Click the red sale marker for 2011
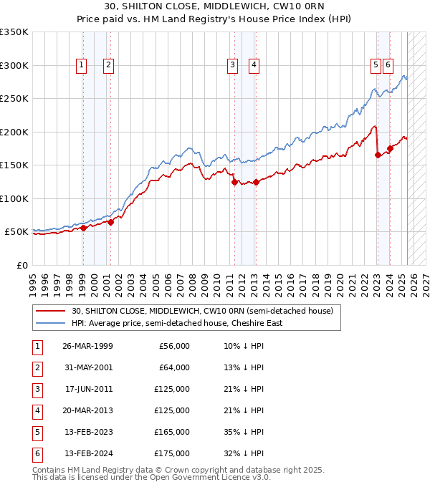coord(234,182)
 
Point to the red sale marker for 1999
coord(83,228)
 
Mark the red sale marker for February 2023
coord(378,155)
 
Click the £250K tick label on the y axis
coord(14,99)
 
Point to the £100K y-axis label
coord(14,198)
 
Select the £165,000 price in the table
coord(173,432)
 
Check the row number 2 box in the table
coord(37,367)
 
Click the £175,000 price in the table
coord(173,453)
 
